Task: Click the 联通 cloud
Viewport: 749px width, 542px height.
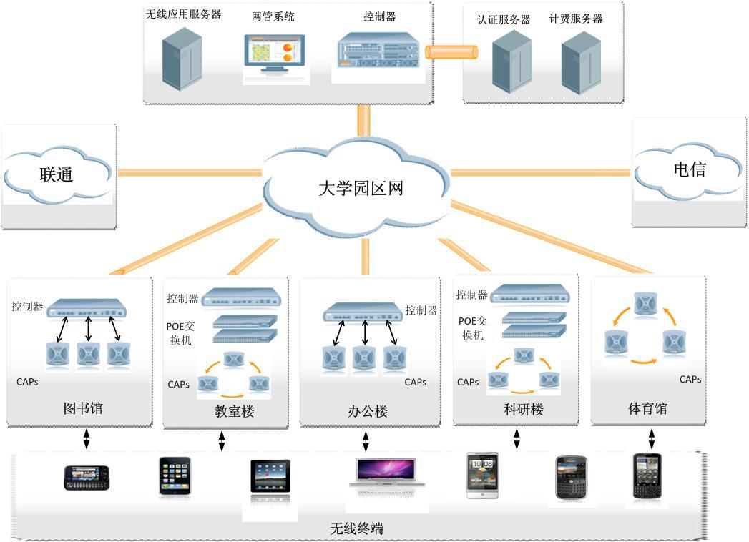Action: (57, 174)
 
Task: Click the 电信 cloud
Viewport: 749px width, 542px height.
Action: (689, 170)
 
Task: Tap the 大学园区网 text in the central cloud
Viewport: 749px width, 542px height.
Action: (361, 189)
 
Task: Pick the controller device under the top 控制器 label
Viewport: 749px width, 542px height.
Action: (379, 51)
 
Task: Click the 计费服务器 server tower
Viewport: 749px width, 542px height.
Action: (580, 63)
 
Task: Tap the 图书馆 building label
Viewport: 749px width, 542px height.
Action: (83, 408)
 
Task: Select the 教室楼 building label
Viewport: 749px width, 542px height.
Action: (234, 411)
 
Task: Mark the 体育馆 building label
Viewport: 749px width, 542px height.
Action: (647, 408)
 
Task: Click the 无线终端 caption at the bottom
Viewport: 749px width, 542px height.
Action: (356, 529)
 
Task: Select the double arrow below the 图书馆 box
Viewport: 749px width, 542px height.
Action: (87, 438)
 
